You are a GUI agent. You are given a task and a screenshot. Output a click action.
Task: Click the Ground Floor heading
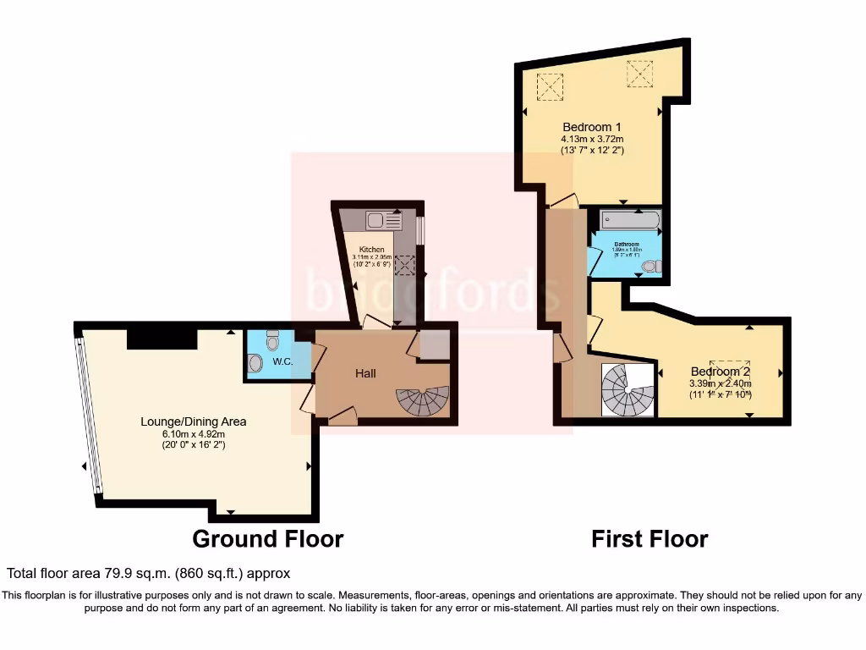(267, 538)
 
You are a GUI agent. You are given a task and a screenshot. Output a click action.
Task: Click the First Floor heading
(649, 538)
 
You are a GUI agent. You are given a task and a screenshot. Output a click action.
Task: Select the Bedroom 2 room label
(720, 372)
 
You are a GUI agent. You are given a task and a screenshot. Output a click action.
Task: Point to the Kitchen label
(371, 250)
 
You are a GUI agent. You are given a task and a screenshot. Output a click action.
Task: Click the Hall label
(365, 373)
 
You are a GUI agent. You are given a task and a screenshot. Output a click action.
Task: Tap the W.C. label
(282, 362)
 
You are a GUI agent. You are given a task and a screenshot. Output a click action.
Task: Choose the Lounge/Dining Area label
(194, 421)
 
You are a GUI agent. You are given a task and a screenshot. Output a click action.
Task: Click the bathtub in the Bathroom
(628, 222)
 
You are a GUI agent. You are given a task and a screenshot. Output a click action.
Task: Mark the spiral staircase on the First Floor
(627, 390)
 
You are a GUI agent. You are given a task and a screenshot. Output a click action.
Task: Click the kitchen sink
(384, 221)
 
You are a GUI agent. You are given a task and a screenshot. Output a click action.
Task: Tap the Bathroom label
(627, 244)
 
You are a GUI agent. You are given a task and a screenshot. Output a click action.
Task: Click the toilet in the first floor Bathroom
(649, 267)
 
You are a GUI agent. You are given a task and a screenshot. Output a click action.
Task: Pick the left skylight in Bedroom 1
(551, 86)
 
